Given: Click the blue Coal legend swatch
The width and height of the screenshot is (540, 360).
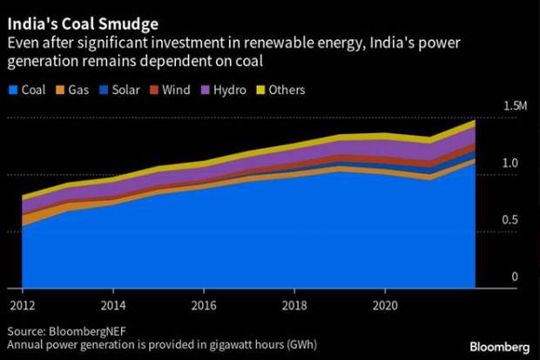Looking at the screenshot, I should point(12,90).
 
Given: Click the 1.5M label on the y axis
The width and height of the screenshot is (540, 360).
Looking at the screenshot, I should point(516,105).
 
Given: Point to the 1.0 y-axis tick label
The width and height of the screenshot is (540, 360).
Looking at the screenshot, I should point(515,163).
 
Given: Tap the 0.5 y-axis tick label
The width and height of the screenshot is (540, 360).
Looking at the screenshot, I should point(515,221).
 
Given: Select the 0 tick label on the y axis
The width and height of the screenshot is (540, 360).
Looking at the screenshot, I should point(515,277).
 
